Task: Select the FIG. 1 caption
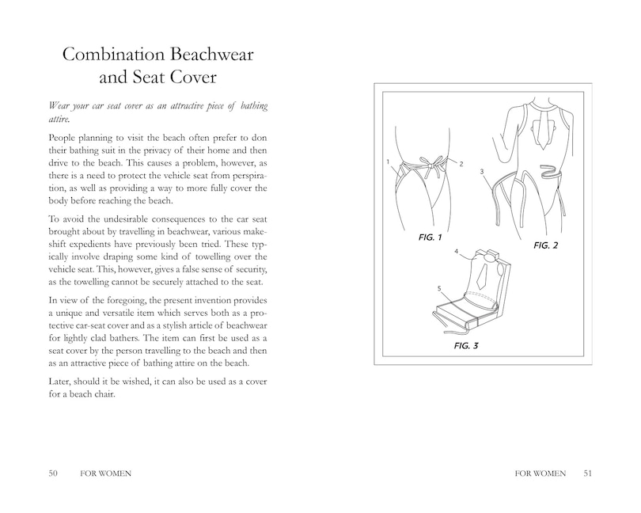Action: (x=430, y=237)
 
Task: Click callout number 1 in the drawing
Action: (x=389, y=161)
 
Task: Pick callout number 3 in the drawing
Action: (x=482, y=172)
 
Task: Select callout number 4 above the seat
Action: (x=456, y=251)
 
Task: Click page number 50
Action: (x=53, y=473)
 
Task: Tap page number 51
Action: (x=587, y=473)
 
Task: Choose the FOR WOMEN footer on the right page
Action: (x=540, y=473)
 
